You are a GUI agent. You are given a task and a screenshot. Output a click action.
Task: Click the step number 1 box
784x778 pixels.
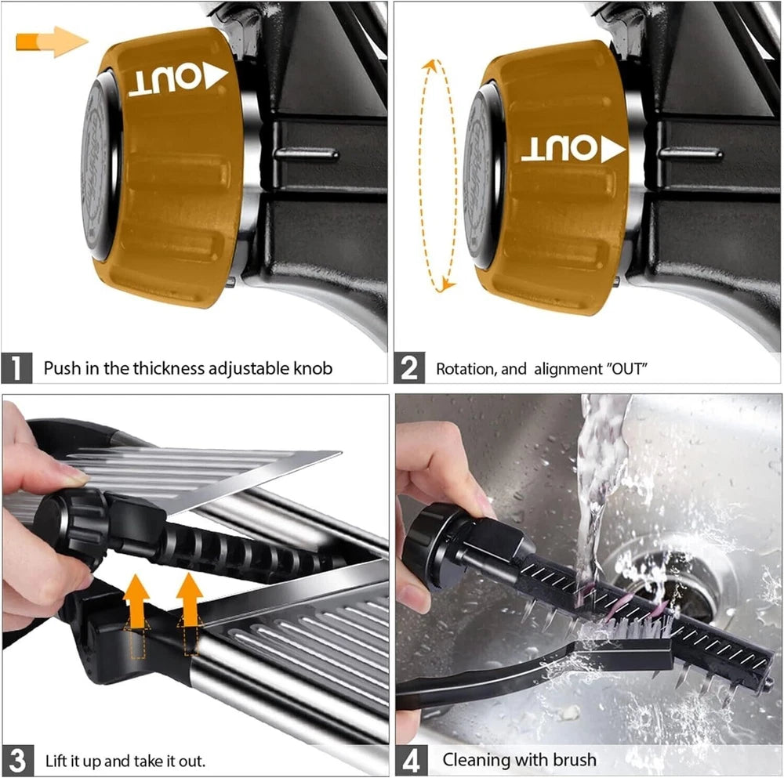coord(17,367)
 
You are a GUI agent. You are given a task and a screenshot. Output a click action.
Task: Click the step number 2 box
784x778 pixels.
coord(410,367)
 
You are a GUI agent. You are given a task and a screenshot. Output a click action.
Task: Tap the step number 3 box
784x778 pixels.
coord(17,759)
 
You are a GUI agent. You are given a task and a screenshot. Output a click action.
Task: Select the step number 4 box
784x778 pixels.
coord(412,759)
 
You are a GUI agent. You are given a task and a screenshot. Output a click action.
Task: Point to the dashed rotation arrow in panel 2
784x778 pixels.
coord(439,175)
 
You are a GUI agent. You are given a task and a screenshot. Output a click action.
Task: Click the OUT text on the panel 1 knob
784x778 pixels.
coord(177,80)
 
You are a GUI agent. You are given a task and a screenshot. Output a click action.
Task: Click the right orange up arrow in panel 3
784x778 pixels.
coord(190,601)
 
